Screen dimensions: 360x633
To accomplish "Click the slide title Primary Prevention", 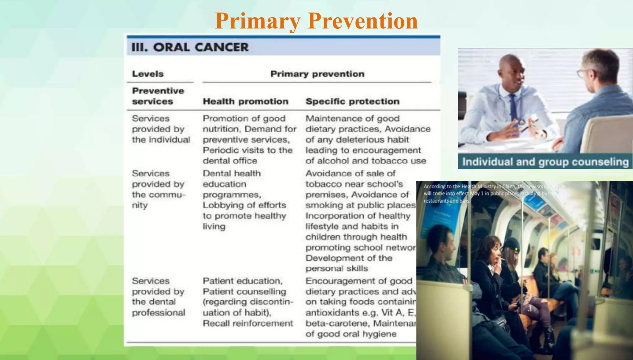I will pos(316,21).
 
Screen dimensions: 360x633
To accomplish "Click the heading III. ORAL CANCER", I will pos(190,47).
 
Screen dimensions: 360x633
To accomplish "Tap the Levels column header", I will pos(148,74).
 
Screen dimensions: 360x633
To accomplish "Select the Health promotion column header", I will pos(245,101).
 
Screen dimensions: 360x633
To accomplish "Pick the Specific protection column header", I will pos(352,101).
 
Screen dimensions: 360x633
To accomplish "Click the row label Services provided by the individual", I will pos(161,129).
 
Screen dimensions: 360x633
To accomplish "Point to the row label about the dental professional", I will pos(158,297).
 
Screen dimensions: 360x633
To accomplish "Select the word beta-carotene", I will pos(338,324).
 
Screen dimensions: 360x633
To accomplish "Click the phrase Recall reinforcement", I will pos(248,324).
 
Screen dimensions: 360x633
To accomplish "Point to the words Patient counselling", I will pos(244,292).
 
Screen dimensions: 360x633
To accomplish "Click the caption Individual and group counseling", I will pos(545,162).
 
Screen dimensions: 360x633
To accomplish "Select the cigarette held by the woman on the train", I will pos(503,259).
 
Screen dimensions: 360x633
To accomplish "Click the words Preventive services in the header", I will pos(158,96).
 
